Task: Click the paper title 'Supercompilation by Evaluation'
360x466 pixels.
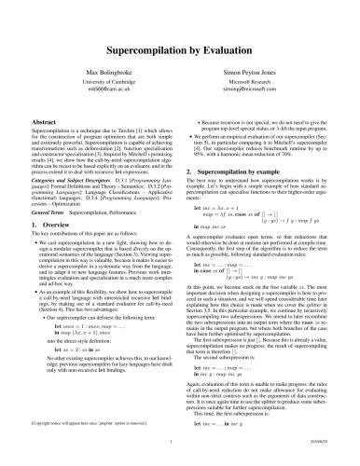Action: pos(179,44)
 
